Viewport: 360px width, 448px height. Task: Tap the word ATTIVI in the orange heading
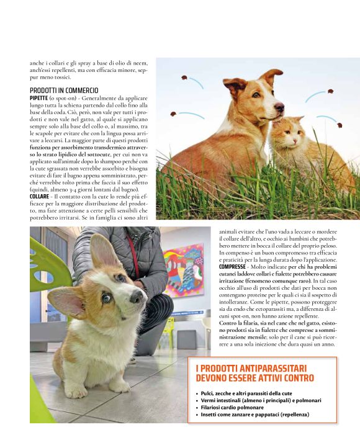point(263,378)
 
